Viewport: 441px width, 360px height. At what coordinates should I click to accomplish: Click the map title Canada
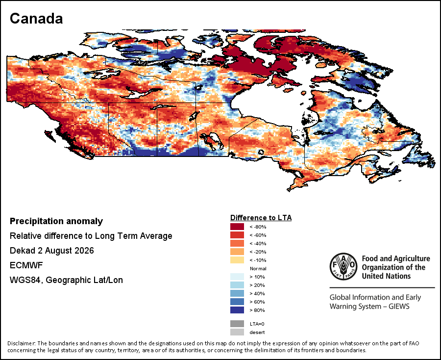pos(36,19)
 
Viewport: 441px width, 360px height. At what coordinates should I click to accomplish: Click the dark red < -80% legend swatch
pos(237,227)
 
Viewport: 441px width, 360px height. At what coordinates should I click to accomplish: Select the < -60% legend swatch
pos(237,235)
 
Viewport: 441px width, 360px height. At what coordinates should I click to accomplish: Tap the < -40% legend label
pos(258,243)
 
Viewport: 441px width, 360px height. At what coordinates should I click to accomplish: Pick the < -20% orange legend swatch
pos(237,252)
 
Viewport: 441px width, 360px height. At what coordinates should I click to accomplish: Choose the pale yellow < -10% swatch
pos(237,260)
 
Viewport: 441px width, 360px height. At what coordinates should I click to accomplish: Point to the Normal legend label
pos(258,268)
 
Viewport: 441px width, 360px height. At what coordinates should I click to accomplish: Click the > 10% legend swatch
pos(237,277)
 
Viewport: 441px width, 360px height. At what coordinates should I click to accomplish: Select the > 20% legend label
pos(257,285)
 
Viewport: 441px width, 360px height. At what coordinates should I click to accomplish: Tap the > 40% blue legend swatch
pos(237,293)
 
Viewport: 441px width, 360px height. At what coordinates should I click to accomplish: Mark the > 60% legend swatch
pos(237,302)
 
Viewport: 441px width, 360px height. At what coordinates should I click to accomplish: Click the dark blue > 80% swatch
pos(237,310)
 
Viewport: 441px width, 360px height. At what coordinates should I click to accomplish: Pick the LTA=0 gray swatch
pos(237,324)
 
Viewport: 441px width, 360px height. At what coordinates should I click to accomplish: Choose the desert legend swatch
pos(237,332)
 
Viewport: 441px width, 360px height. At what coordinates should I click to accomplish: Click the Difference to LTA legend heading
pos(261,218)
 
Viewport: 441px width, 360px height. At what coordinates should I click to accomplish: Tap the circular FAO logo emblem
pos(343,266)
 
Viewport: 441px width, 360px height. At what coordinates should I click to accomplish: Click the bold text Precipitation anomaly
pos(56,221)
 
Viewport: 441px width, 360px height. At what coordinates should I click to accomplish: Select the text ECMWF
pos(26,265)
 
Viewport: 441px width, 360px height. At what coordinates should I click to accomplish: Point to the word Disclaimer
pos(22,343)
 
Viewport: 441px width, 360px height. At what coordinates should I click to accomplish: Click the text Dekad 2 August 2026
pos(52,251)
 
